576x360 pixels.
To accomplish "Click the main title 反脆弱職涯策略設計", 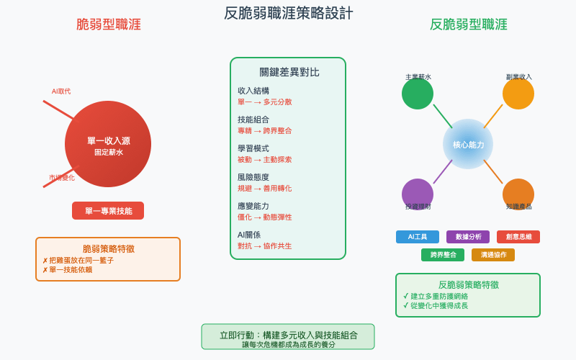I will click(288, 13).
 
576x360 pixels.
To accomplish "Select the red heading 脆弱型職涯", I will click(108, 24).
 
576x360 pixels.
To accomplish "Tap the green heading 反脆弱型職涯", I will click(468, 24).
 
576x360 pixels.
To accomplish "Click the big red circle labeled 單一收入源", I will click(108, 144).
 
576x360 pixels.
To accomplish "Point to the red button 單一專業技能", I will click(108, 211).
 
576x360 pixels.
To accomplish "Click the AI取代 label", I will click(61, 91).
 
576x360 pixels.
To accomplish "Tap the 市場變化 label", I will click(62, 178).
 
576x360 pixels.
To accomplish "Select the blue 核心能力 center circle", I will click(468, 144).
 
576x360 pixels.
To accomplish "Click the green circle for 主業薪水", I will click(418, 94).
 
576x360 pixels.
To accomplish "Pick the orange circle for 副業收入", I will click(518, 94).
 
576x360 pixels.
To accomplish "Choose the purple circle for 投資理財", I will click(418, 194).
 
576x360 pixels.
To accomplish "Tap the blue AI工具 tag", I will click(418, 237).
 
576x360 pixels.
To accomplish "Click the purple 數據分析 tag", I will click(468, 237).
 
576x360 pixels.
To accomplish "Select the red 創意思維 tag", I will click(518, 237).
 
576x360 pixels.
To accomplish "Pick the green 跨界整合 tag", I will click(443, 255).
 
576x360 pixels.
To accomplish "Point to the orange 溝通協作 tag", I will click(493, 255).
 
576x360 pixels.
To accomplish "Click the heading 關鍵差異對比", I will click(288, 72).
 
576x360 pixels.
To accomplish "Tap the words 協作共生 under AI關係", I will click(278, 246).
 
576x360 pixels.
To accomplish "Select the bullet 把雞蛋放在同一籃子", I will click(81, 261).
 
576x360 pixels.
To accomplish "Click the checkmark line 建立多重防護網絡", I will click(439, 296).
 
